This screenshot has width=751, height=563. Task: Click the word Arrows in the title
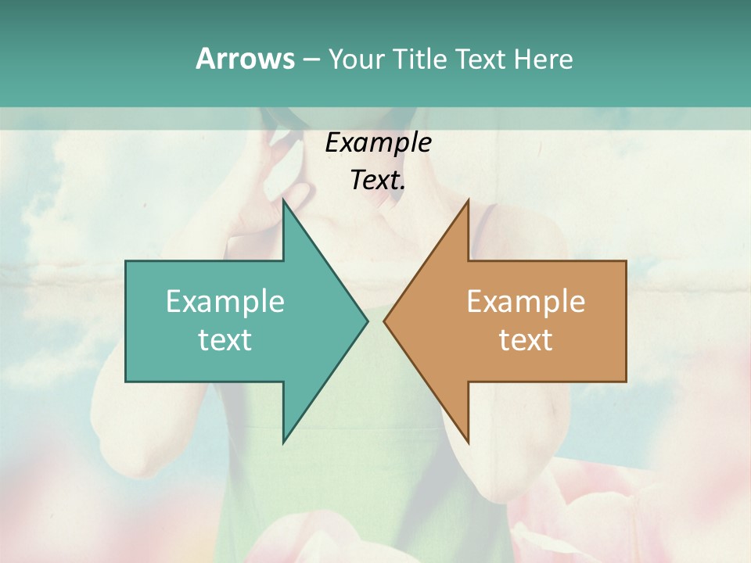tap(244, 59)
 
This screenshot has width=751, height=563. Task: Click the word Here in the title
tap(543, 59)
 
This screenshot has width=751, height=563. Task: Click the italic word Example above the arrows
tap(378, 142)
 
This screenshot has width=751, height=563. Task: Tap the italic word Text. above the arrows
tap(378, 180)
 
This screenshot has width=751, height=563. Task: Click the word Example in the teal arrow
tap(225, 302)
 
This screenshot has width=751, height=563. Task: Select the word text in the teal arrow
tap(225, 340)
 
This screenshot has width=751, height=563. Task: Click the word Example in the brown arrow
tap(526, 302)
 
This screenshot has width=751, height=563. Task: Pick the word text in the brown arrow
tap(526, 340)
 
